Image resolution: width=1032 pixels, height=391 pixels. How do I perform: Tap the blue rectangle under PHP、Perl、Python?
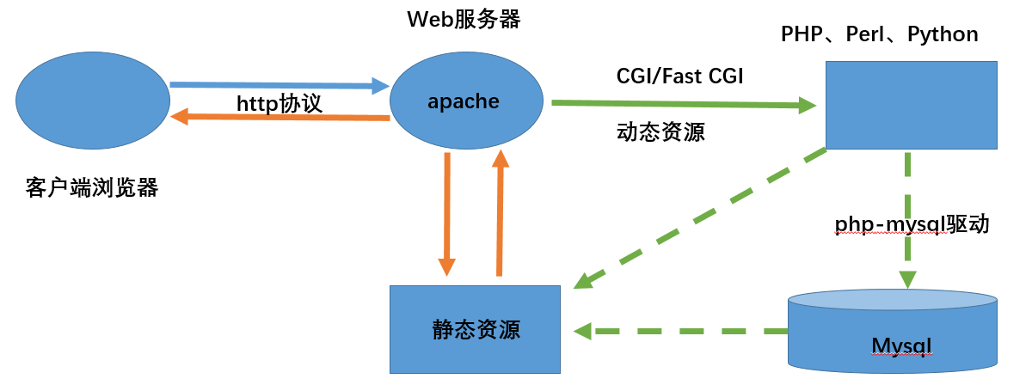pos(911,105)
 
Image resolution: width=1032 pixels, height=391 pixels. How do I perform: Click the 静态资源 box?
pos(475,330)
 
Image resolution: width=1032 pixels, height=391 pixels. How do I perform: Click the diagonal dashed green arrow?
pos(701,218)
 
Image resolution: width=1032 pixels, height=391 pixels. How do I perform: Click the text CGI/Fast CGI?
pos(679,76)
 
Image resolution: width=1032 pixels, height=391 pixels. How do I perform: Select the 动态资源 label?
pos(660,133)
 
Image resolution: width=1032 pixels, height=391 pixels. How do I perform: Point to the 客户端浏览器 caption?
pos(92,186)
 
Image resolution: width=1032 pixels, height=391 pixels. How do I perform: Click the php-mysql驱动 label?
pos(912,224)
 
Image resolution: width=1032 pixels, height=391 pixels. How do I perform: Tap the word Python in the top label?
pos(943,34)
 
